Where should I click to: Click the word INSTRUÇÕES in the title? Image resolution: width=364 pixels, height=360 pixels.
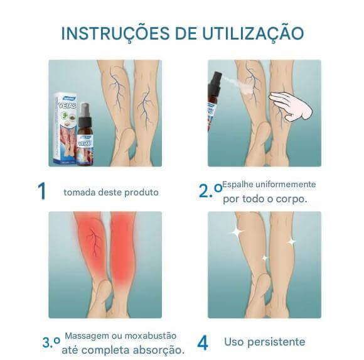click(115, 33)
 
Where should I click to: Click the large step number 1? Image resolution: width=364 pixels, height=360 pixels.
click(42, 191)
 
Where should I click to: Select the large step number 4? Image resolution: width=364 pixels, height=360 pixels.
click(203, 343)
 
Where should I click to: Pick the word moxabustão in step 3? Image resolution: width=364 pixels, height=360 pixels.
click(151, 336)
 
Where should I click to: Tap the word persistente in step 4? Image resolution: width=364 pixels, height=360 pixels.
click(276, 342)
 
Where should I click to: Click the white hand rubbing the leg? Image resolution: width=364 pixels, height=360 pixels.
click(291, 106)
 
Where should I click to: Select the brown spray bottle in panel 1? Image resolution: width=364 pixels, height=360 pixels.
click(85, 135)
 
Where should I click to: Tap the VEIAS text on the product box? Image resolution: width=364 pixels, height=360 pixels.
click(67, 106)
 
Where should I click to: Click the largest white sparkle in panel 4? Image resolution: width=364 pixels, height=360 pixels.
click(237, 231)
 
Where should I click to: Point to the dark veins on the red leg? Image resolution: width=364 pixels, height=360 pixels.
click(94, 242)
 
